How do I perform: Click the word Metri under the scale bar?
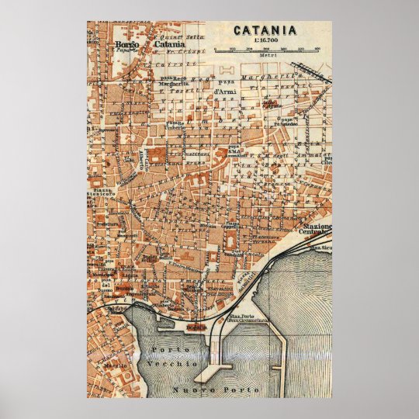[x=266, y=57]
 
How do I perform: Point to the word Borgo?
[x=127, y=43]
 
